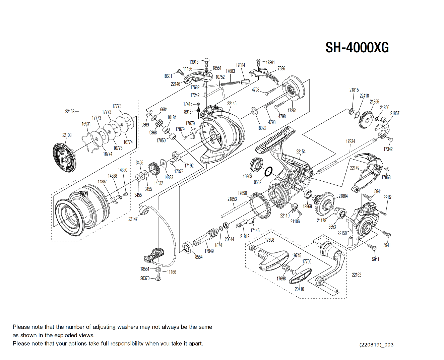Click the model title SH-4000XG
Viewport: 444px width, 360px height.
(x=357, y=48)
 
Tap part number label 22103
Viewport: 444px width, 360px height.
(x=67, y=135)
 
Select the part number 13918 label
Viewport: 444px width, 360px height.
(x=194, y=62)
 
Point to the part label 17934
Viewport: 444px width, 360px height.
(x=350, y=141)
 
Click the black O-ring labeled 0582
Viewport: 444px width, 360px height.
(x=268, y=172)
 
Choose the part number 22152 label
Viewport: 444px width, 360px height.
(x=357, y=275)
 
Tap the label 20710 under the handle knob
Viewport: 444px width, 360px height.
(x=299, y=289)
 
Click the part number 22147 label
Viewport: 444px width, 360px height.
(x=133, y=219)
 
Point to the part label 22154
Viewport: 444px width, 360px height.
(x=301, y=152)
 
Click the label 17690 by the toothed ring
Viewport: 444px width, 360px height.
(x=242, y=193)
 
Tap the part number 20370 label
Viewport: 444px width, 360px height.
(x=145, y=278)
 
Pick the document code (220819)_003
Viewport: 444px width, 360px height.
(x=376, y=345)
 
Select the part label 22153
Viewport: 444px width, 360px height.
(x=70, y=111)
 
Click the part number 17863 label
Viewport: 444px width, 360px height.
(x=386, y=177)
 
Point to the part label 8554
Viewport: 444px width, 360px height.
(x=199, y=257)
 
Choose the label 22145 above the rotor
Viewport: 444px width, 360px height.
(x=232, y=103)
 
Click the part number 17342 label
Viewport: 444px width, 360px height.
(x=388, y=149)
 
